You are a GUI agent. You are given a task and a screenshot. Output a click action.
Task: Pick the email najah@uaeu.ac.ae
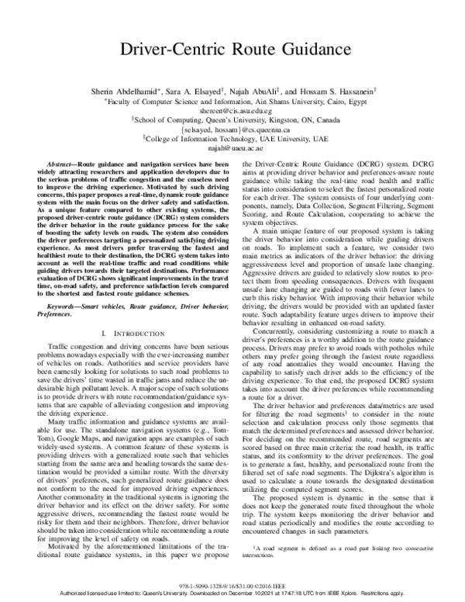[232, 147]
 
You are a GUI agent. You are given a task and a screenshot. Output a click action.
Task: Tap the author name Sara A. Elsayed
[200, 91]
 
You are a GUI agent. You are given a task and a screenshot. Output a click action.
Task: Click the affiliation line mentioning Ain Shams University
[232, 101]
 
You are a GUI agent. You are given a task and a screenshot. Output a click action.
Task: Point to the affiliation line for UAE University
[232, 137]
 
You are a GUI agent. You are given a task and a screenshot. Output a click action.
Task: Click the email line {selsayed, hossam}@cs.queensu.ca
[232, 129]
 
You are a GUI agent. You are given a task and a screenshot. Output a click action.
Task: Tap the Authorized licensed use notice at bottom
[232, 590]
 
